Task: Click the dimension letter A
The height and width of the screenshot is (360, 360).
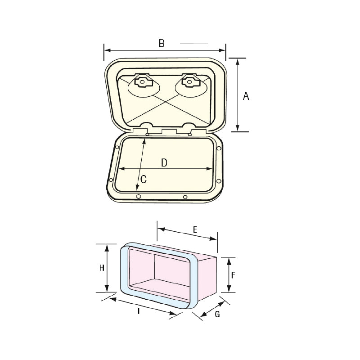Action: pyautogui.click(x=246, y=95)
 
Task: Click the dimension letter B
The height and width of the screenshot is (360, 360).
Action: pyautogui.click(x=162, y=43)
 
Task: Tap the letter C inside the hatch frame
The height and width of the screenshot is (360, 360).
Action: pyautogui.click(x=144, y=179)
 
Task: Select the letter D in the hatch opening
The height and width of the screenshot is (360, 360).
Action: pyautogui.click(x=164, y=163)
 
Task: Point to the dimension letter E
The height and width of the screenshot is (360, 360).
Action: pyautogui.click(x=195, y=229)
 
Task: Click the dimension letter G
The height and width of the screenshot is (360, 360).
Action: pyautogui.click(x=217, y=315)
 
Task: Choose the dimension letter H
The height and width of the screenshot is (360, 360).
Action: pyautogui.click(x=102, y=268)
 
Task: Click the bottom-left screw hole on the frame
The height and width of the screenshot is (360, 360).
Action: pyautogui.click(x=139, y=196)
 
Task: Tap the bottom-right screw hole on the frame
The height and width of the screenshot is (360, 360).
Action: pyautogui.click(x=185, y=197)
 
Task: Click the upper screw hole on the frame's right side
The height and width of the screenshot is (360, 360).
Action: pyautogui.click(x=219, y=148)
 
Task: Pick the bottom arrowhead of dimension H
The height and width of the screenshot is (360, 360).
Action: pyautogui.click(x=107, y=289)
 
